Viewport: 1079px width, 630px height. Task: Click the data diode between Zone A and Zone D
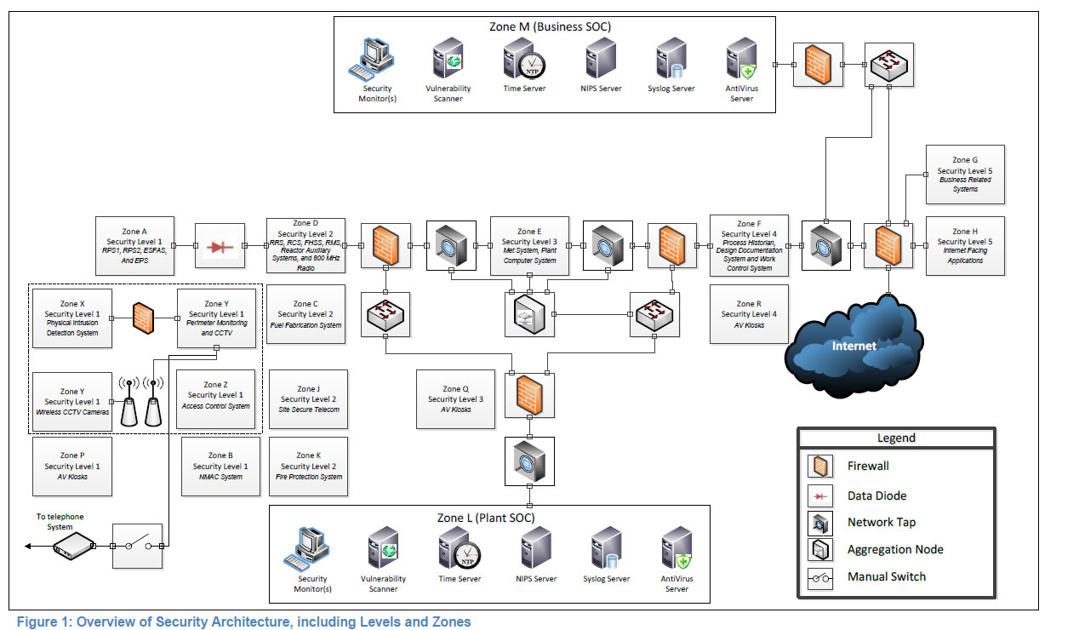[220, 247]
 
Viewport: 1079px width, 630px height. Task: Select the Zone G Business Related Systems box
[965, 175]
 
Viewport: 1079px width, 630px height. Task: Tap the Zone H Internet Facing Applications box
[965, 246]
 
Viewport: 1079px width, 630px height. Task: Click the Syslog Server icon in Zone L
[608, 551]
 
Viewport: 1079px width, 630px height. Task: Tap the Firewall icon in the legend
[821, 467]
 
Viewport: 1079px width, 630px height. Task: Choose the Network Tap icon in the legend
[821, 523]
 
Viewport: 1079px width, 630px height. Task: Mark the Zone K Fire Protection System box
[308, 467]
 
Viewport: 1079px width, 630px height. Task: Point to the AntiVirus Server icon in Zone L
[677, 551]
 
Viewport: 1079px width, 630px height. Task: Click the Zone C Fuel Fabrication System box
[305, 314]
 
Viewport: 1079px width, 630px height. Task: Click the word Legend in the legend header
[895, 438]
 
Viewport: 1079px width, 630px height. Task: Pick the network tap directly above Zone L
[528, 461]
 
